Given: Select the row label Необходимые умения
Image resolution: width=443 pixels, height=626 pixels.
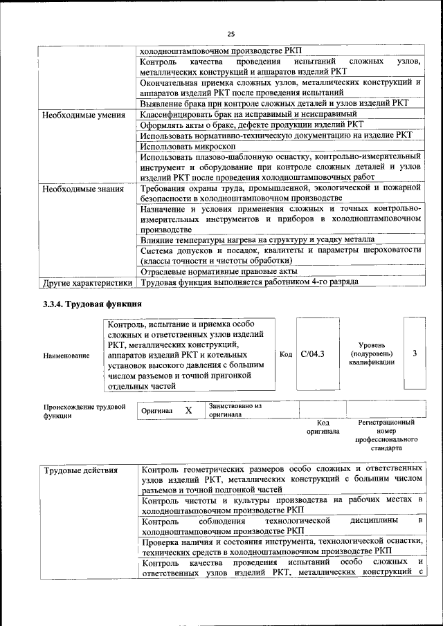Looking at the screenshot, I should (83, 115).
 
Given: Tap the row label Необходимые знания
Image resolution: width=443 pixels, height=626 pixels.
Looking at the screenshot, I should (82, 189).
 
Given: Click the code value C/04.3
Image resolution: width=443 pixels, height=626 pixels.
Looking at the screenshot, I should (314, 354).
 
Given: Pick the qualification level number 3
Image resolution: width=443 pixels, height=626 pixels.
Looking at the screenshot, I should (415, 354).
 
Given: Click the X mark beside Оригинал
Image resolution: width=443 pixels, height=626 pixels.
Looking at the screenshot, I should (188, 410).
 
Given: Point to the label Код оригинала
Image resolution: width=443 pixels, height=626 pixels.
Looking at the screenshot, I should (323, 427).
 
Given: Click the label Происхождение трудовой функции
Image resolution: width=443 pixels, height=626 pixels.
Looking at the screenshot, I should (84, 411).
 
